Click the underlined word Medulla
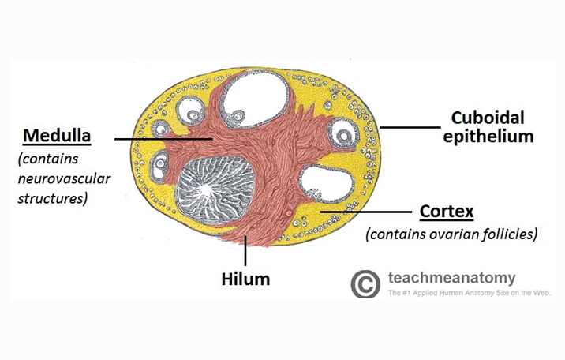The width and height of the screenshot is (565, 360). click(57, 136)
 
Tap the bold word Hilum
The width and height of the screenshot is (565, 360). click(245, 279)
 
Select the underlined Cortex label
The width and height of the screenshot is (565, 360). click(446, 212)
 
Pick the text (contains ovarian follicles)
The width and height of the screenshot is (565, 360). click(451, 234)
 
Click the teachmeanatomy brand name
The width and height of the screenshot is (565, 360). click(452, 278)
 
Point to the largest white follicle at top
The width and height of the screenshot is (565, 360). click(256, 101)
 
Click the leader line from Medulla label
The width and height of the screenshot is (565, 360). click(162, 139)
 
